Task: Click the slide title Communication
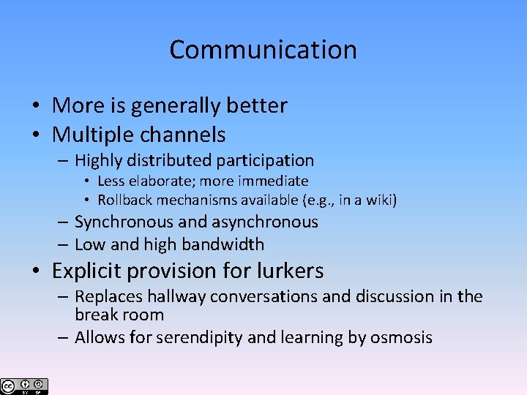coord(263,50)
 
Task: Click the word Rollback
coord(126,200)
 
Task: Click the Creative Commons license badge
coord(25,386)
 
